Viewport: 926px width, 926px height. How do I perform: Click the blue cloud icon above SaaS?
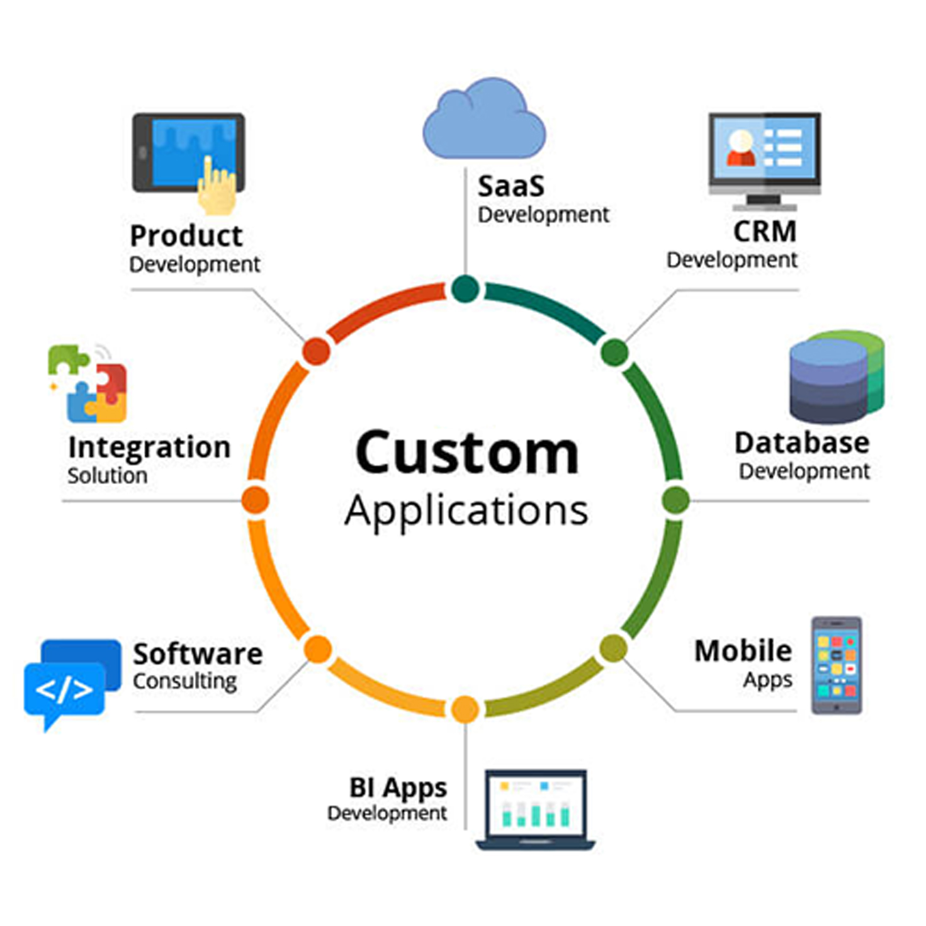click(x=483, y=120)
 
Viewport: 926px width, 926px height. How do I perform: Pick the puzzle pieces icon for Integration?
click(x=88, y=384)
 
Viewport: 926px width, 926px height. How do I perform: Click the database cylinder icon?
click(x=836, y=378)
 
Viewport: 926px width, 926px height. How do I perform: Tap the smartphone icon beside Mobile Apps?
click(x=836, y=665)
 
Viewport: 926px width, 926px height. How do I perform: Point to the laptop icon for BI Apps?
click(x=536, y=809)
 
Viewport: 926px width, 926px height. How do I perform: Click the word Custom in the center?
click(x=466, y=453)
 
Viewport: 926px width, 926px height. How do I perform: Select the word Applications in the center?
click(x=466, y=511)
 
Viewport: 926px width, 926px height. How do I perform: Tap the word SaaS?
click(x=511, y=187)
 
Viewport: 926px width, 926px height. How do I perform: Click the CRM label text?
click(x=764, y=232)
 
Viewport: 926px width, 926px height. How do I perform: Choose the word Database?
click(x=801, y=443)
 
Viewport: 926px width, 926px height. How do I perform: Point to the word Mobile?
click(x=743, y=652)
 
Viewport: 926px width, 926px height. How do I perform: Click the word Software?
click(x=198, y=655)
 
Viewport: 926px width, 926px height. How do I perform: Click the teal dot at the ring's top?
click(x=465, y=289)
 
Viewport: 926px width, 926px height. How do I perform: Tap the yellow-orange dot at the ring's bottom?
click(x=465, y=709)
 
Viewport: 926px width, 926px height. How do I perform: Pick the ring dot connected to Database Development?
click(x=675, y=500)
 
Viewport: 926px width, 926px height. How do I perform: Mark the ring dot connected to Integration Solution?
click(x=255, y=500)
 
